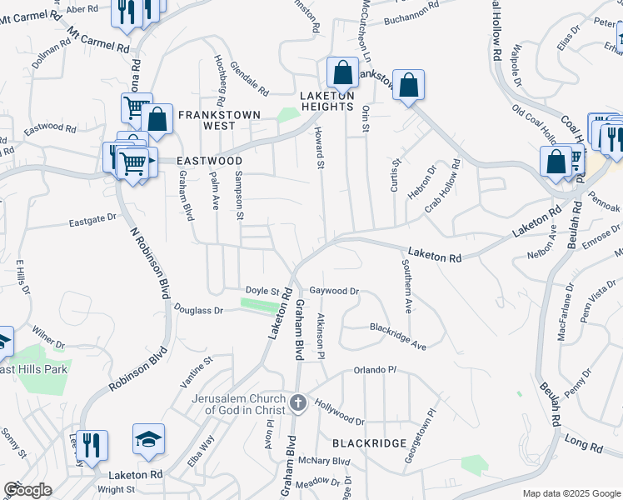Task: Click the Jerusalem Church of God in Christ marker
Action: tap(298, 404)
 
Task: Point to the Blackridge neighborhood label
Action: tap(370, 443)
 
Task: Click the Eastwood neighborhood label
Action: tap(208, 161)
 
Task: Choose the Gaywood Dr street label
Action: tap(334, 291)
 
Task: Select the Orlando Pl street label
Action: tap(373, 369)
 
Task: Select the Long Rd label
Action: tap(584, 442)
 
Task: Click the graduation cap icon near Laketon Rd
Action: tap(148, 439)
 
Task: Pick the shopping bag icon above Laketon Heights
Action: tap(342, 73)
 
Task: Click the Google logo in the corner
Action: tap(27, 490)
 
